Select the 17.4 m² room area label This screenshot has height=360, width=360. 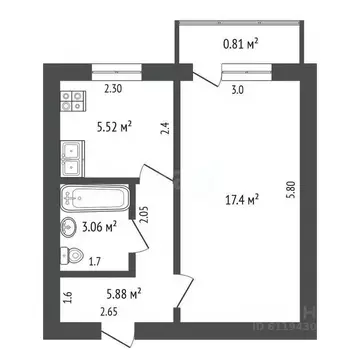coord(240,200)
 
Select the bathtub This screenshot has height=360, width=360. coord(94,196)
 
